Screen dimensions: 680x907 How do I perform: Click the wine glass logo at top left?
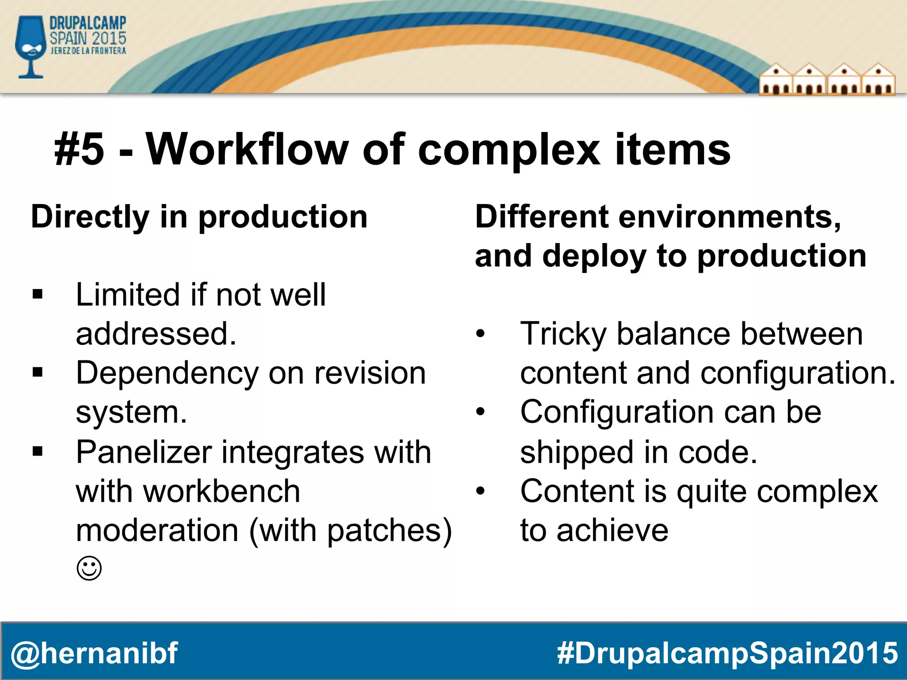pos(30,46)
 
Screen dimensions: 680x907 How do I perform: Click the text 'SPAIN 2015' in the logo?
pos(88,38)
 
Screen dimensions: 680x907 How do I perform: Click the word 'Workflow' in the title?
pos(247,150)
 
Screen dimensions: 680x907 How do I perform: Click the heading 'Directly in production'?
pos(199,217)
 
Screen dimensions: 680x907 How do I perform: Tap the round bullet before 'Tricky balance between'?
pos(481,334)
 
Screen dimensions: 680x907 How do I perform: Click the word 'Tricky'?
pos(563,335)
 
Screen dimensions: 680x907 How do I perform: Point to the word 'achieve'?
pos(612,530)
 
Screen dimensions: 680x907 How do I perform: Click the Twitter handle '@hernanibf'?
pos(94,653)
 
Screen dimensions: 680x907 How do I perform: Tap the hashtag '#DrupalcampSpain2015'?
pos(727,653)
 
